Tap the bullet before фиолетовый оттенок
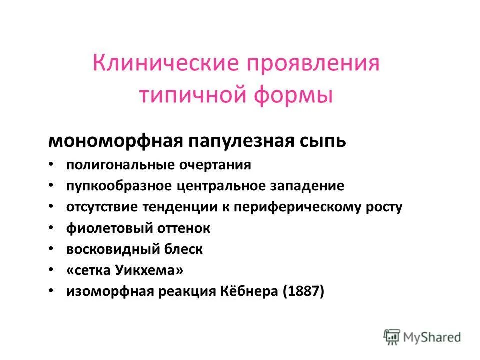pyautogui.click(x=52, y=229)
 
